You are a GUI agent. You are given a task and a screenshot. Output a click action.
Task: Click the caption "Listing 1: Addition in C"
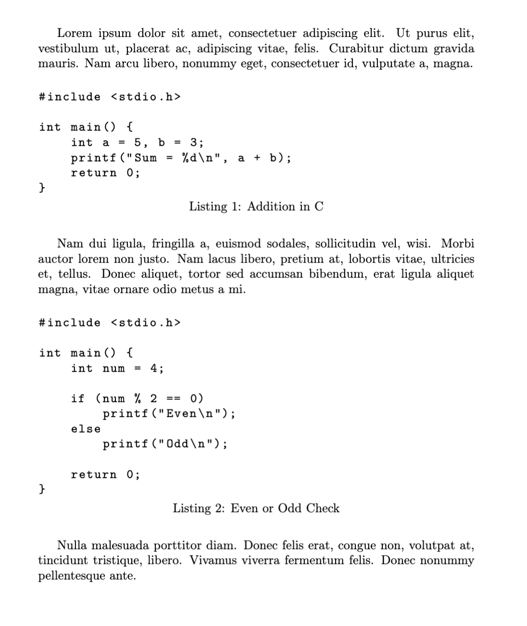click(256, 207)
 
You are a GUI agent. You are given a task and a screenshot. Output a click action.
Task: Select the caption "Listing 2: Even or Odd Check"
click(256, 508)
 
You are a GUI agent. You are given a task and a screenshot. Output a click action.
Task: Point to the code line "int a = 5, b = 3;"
click(137, 142)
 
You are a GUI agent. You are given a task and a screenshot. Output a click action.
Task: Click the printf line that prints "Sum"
click(181, 158)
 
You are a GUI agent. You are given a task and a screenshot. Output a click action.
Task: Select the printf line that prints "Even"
click(169, 413)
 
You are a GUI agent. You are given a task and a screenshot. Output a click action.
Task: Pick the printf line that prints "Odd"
click(165, 444)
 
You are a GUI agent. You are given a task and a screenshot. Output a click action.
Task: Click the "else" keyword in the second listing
click(86, 429)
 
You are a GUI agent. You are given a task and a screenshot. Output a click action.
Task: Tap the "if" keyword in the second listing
click(77, 399)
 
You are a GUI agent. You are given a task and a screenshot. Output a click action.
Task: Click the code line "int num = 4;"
click(117, 368)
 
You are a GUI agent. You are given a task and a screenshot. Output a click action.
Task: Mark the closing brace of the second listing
click(42, 489)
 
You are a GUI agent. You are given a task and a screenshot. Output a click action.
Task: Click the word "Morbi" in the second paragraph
click(457, 244)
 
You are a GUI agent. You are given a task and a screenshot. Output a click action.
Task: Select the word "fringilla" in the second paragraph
click(173, 244)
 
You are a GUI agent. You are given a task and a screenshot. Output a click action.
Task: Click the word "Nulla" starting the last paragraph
click(72, 545)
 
